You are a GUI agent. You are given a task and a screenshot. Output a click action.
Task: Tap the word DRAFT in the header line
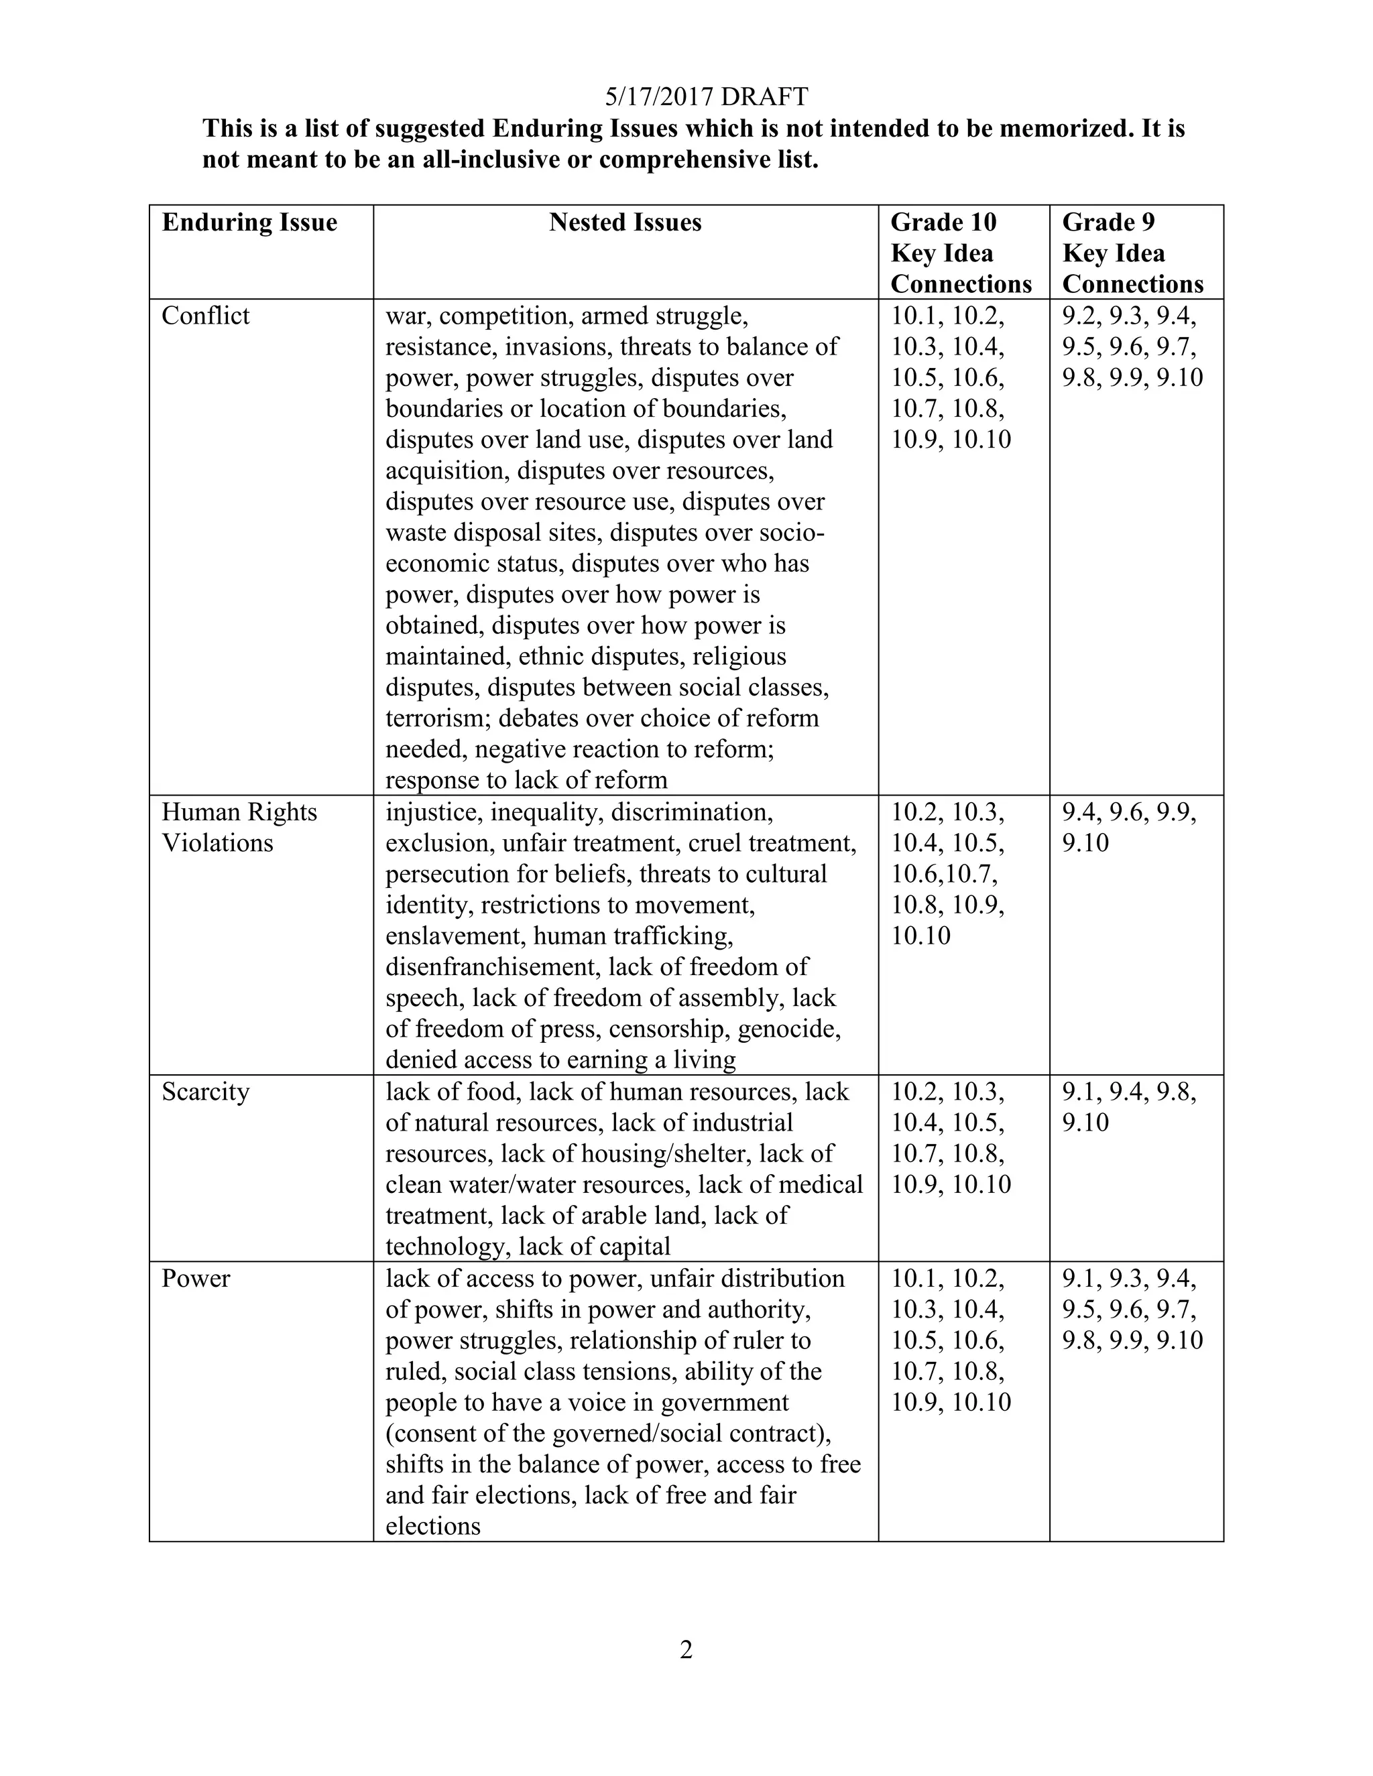coord(764,97)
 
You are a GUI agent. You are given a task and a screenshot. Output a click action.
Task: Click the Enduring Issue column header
coord(249,222)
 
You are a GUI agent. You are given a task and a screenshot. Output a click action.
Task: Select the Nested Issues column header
coord(625,222)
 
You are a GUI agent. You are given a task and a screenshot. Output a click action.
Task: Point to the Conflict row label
coord(205,316)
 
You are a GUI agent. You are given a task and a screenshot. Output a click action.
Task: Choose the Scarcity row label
coord(205,1091)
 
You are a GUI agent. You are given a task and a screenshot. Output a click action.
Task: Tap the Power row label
coord(195,1278)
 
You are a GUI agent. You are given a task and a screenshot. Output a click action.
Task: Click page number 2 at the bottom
coord(686,1650)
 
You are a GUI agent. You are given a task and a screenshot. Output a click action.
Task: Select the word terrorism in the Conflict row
coord(438,718)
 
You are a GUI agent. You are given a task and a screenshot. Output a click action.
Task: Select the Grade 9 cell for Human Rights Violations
coord(1129,827)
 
